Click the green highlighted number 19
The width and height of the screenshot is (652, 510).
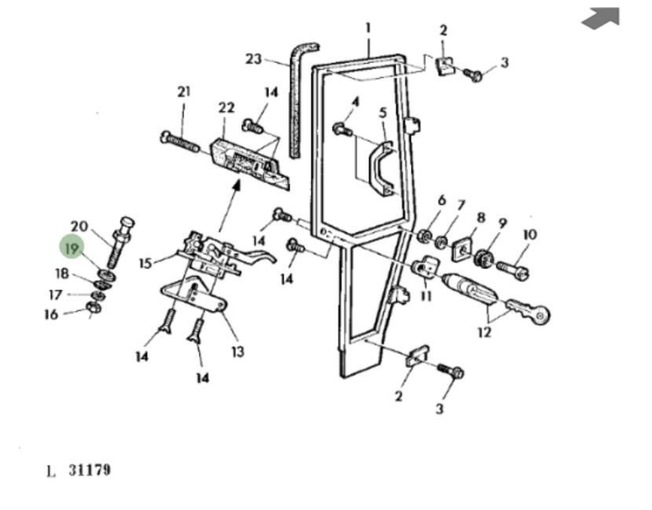pos(72,248)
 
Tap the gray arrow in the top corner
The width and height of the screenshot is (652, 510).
pos(601,18)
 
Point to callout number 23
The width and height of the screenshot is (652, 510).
pos(253,59)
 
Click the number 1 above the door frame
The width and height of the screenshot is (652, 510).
pos(368,29)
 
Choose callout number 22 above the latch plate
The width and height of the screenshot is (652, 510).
pos(226,107)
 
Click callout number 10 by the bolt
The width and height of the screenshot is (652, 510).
pos(529,235)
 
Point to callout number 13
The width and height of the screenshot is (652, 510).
pos(237,352)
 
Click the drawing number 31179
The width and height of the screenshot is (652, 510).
pos(88,470)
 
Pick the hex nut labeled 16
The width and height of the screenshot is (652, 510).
pos(91,308)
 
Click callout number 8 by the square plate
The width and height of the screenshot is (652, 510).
pos(481,217)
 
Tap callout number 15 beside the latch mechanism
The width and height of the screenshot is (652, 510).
pos(145,263)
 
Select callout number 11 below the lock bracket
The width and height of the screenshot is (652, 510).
pos(426,297)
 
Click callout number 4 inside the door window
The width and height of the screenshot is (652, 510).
pos(355,102)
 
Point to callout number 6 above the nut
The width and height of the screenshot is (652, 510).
pos(441,201)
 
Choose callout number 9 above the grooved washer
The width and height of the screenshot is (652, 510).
pos(502,223)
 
